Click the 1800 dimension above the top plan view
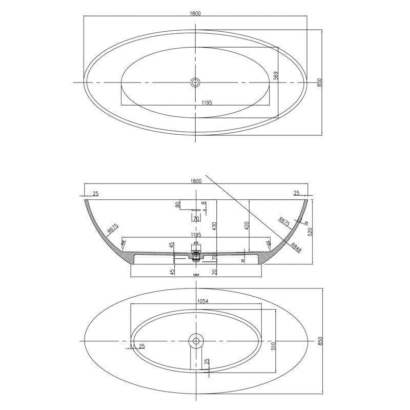(x=195, y=13)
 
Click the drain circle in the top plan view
(x=195, y=82)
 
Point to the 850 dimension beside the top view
(x=319, y=83)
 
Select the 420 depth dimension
(x=247, y=225)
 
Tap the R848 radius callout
(x=296, y=249)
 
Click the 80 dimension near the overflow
(x=178, y=204)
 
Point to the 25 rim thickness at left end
(x=96, y=193)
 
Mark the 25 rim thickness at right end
(x=296, y=193)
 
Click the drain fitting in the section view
(x=195, y=254)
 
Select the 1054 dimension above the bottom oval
(x=202, y=302)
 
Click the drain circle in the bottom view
(x=195, y=340)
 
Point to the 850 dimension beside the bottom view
(x=319, y=341)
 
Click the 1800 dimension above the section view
(x=195, y=181)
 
